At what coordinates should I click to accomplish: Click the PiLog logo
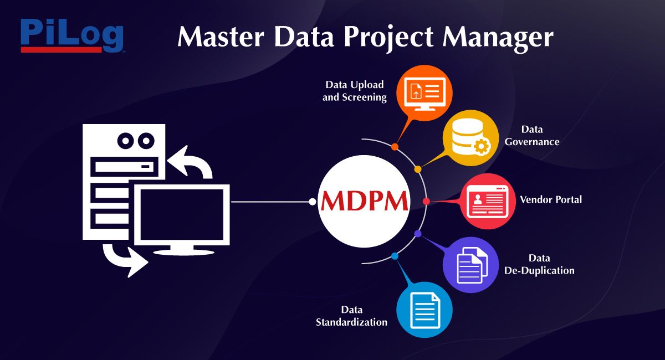[72, 35]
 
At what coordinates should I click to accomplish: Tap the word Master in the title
[221, 37]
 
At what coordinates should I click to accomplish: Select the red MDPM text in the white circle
[364, 201]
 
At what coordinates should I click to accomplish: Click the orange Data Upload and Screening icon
[424, 93]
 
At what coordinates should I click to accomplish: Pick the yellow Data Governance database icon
[471, 138]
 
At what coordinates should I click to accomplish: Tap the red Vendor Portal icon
[488, 201]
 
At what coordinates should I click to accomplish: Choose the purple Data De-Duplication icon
[471, 265]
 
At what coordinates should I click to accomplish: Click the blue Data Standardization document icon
[424, 310]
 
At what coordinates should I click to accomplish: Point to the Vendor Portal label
[551, 199]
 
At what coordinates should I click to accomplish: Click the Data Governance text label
[532, 136]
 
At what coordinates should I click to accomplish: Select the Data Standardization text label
[351, 316]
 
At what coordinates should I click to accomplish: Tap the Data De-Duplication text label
[539, 264]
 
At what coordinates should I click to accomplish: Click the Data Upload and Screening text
[355, 91]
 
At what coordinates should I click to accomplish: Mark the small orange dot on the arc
[395, 147]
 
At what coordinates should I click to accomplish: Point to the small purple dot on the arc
[418, 234]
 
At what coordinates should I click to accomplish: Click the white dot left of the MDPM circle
[313, 202]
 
